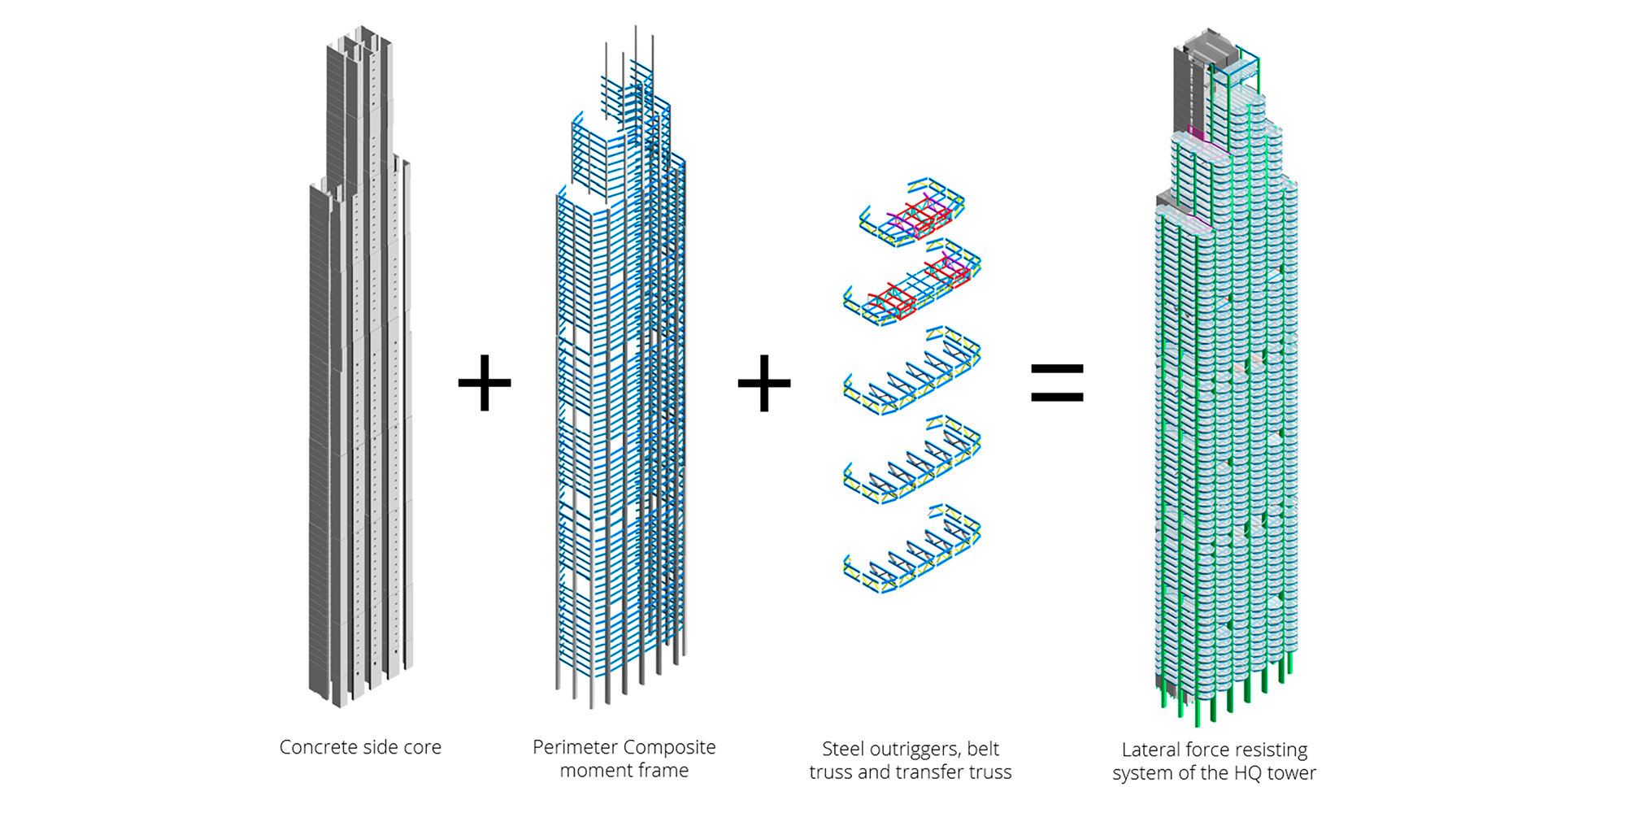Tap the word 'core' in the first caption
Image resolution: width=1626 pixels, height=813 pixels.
[x=421, y=747]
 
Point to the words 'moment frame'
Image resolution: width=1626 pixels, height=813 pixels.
[x=624, y=771]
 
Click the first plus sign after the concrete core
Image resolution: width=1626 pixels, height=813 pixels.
[x=485, y=383]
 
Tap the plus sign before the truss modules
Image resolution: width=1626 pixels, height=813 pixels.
[x=764, y=383]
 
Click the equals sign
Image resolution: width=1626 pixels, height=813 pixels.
[x=1057, y=383]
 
